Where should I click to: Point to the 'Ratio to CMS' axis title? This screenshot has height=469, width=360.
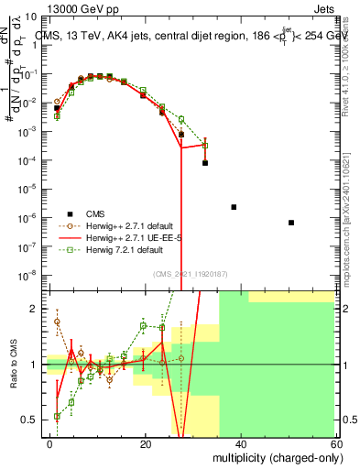click(x=13, y=365)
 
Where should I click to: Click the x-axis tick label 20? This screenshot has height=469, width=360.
click(x=146, y=443)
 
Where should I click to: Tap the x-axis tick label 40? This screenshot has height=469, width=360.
click(x=241, y=443)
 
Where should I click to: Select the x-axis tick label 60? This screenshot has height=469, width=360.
click(x=335, y=443)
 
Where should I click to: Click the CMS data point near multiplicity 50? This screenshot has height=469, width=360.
click(x=290, y=223)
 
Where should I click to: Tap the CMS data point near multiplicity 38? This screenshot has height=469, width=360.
click(x=234, y=207)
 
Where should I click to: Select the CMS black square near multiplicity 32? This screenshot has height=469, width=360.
click(x=205, y=163)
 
